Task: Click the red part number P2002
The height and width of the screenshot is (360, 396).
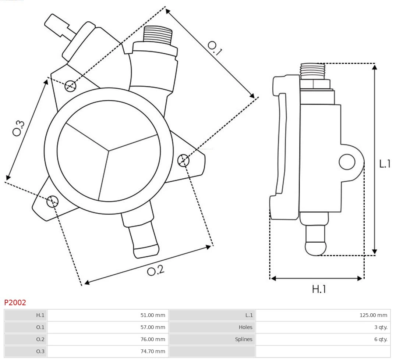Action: click(x=15, y=303)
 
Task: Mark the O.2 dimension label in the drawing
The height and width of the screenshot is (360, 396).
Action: click(x=156, y=271)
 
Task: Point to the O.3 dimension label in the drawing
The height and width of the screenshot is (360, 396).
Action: click(x=19, y=128)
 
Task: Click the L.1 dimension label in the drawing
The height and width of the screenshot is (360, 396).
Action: click(x=385, y=164)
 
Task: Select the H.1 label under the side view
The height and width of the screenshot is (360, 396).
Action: click(x=319, y=289)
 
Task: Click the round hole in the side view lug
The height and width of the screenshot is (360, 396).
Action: click(x=347, y=162)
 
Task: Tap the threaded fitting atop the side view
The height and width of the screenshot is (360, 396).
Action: click(x=312, y=71)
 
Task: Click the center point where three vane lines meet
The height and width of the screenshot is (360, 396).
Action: click(x=109, y=150)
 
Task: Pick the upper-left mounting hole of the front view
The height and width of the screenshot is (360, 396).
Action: click(x=70, y=86)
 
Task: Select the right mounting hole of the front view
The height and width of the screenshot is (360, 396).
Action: click(x=183, y=160)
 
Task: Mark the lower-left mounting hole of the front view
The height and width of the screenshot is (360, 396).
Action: click(x=52, y=201)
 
